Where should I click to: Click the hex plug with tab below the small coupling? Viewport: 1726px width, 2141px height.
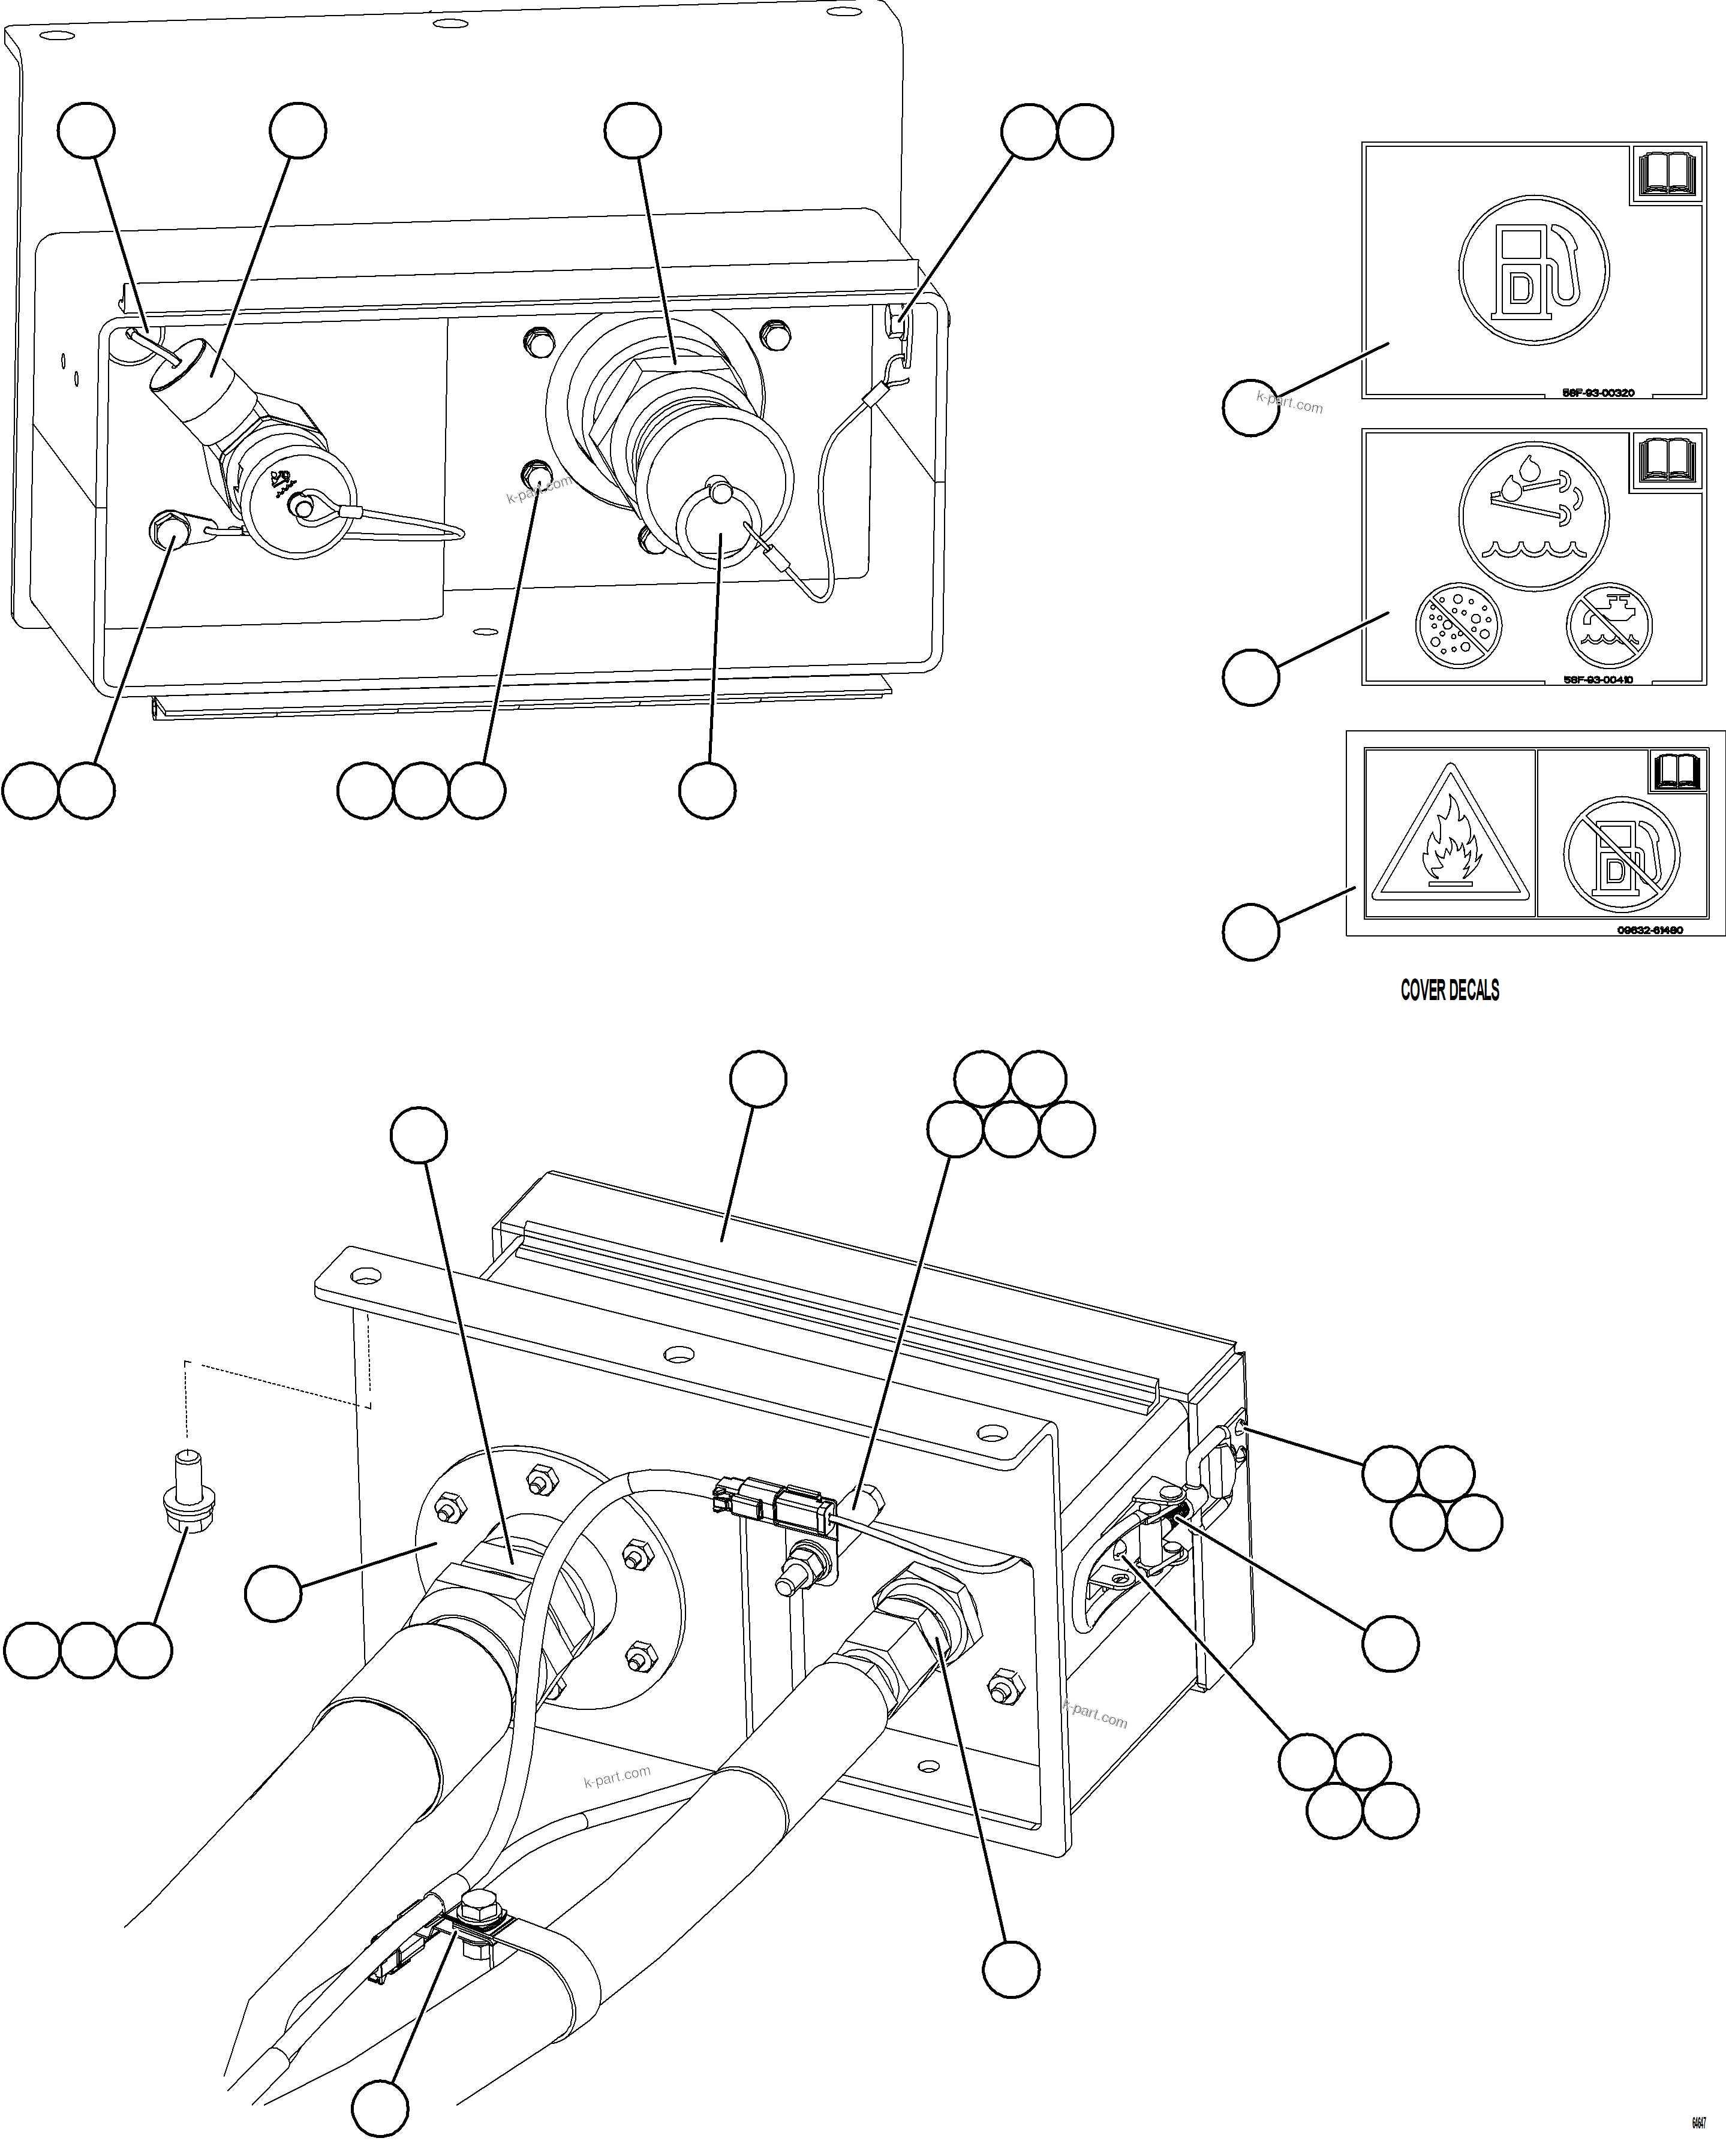pyautogui.click(x=169, y=532)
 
